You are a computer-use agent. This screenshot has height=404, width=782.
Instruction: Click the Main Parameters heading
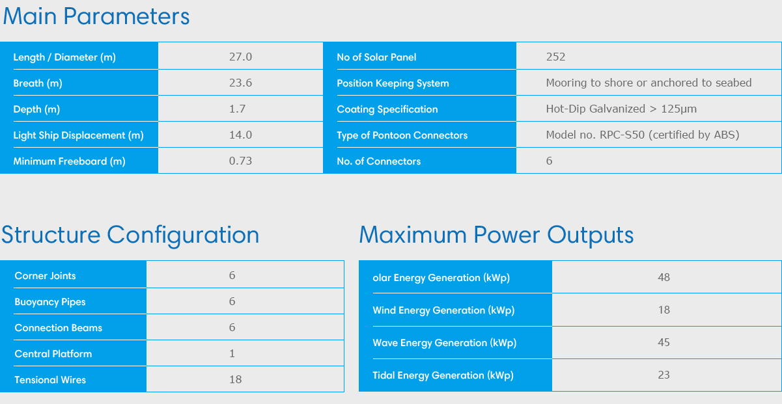point(96,16)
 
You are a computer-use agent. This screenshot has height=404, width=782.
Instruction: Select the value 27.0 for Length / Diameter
point(240,57)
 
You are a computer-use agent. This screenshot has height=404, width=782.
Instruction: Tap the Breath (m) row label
point(38,83)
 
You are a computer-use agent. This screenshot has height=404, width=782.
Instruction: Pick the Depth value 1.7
point(238,109)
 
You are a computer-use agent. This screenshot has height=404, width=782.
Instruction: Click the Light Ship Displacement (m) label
point(79,135)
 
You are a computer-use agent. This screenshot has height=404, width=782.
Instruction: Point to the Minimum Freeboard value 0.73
point(240,161)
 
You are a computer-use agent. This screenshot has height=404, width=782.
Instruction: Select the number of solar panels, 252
point(556,57)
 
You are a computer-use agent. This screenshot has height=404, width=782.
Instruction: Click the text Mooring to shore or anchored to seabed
point(649,83)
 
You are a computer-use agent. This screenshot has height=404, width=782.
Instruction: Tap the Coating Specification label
point(387,109)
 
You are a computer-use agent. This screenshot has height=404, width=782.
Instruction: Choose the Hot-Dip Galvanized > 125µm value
point(621,109)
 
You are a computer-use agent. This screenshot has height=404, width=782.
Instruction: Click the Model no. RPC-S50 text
point(595,135)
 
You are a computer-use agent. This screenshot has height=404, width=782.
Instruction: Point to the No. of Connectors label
point(379,161)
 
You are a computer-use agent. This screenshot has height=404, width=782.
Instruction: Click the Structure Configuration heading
point(130,235)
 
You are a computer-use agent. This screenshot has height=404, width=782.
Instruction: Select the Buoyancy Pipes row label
point(50,302)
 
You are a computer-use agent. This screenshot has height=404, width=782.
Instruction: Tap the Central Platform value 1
point(232,353)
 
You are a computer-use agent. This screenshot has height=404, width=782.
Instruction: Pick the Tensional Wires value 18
point(235,379)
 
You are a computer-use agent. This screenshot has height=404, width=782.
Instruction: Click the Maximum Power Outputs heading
point(496,235)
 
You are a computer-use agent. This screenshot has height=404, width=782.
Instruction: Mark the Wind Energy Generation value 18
point(664,310)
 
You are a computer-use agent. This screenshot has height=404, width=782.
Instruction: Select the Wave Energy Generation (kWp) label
point(445,343)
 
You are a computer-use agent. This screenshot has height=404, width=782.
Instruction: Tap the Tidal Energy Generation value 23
point(664,375)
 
